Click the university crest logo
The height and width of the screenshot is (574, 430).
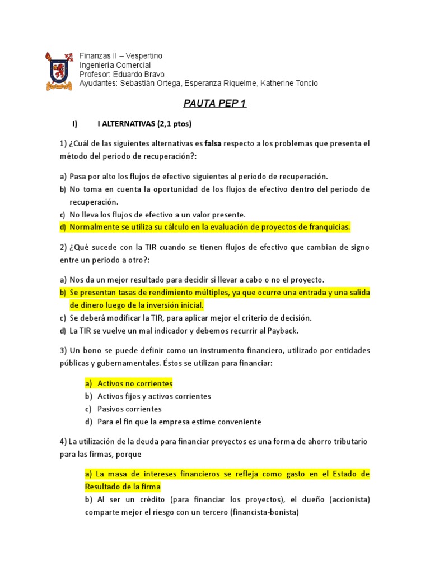pos(58,71)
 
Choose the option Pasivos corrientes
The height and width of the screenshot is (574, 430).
pos(129,409)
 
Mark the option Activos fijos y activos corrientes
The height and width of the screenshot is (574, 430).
pos(155,396)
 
